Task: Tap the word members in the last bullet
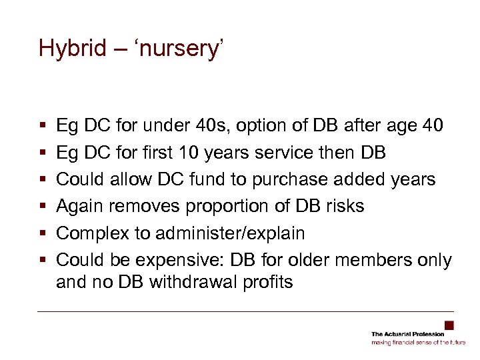[371, 260]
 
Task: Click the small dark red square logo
[449, 325]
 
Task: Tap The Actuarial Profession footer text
[407, 334]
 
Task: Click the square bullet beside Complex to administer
[42, 234]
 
